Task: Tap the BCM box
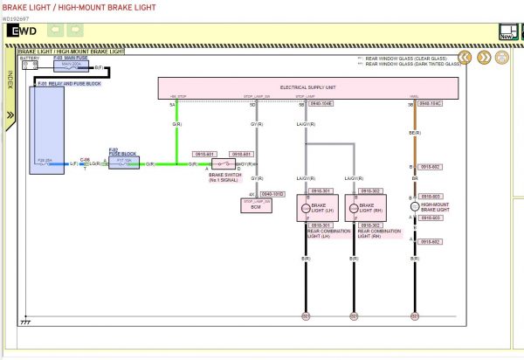(x=256, y=204)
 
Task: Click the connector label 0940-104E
(x=321, y=103)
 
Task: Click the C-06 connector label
(x=85, y=159)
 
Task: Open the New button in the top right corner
(x=507, y=32)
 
